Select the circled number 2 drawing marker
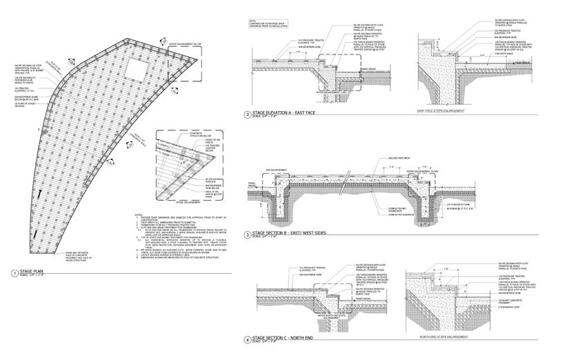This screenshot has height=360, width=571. [248, 115]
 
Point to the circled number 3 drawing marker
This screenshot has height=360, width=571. [248, 236]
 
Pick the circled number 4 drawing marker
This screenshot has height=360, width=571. [248, 340]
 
